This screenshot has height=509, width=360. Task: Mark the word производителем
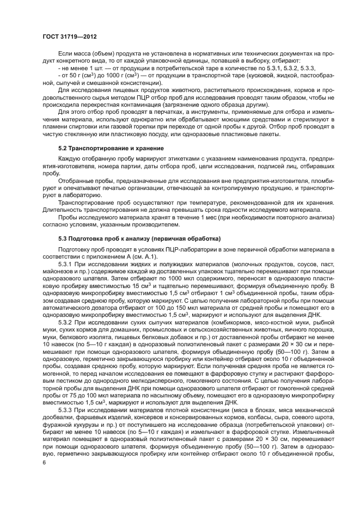tap(143, 224)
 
